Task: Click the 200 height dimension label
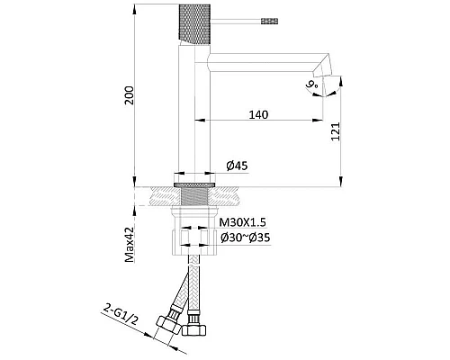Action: (x=130, y=95)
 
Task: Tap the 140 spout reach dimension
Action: (x=258, y=114)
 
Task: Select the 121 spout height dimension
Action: (x=336, y=131)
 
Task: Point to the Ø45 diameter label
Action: (x=238, y=166)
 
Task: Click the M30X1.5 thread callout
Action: (x=242, y=222)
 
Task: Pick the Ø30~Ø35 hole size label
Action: (x=246, y=238)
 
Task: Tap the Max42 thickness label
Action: (x=130, y=244)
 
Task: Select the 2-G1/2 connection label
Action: (x=121, y=314)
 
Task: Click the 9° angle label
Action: (x=312, y=85)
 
